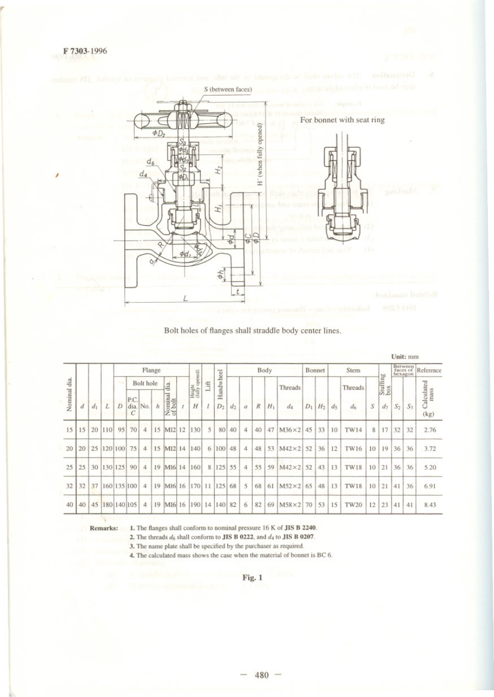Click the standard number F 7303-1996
(x=85, y=51)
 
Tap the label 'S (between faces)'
(x=228, y=89)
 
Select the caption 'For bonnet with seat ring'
(x=342, y=120)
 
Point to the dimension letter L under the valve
(x=186, y=299)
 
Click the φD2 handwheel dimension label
(x=158, y=134)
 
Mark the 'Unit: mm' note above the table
(x=405, y=356)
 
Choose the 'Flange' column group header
(x=151, y=370)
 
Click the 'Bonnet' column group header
(x=315, y=370)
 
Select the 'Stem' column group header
(x=353, y=370)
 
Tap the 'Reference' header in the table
(x=429, y=370)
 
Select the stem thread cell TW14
(x=353, y=430)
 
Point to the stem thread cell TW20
(x=353, y=505)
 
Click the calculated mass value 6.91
(x=430, y=486)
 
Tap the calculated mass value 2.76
(x=430, y=430)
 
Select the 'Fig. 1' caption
(x=252, y=577)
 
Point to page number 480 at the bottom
(x=262, y=675)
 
